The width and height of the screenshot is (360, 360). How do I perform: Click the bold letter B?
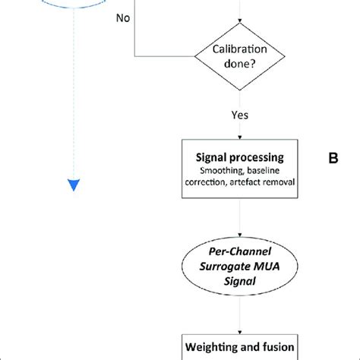click(332, 159)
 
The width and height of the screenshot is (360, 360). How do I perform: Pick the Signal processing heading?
click(240, 157)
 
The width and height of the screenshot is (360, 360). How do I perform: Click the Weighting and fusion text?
click(240, 348)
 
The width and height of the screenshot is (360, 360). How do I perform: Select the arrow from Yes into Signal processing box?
click(240, 131)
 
